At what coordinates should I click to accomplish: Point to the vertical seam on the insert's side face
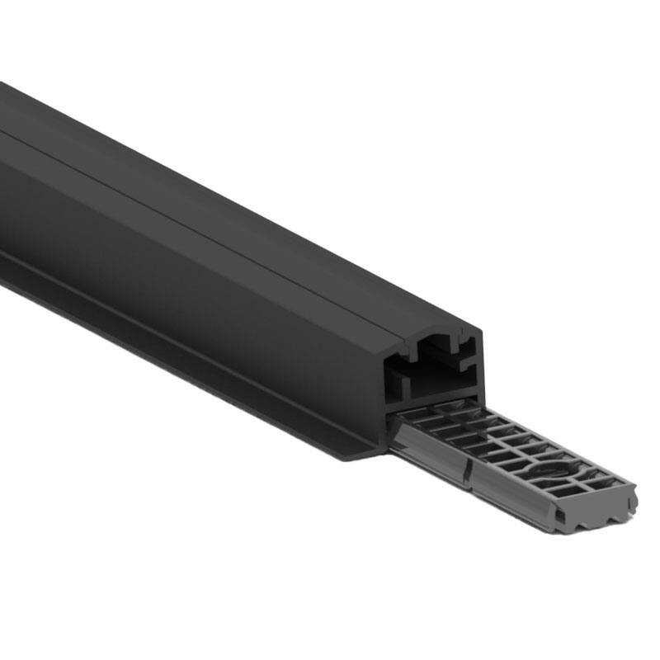[467, 476]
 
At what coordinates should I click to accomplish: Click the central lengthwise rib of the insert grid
[511, 450]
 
